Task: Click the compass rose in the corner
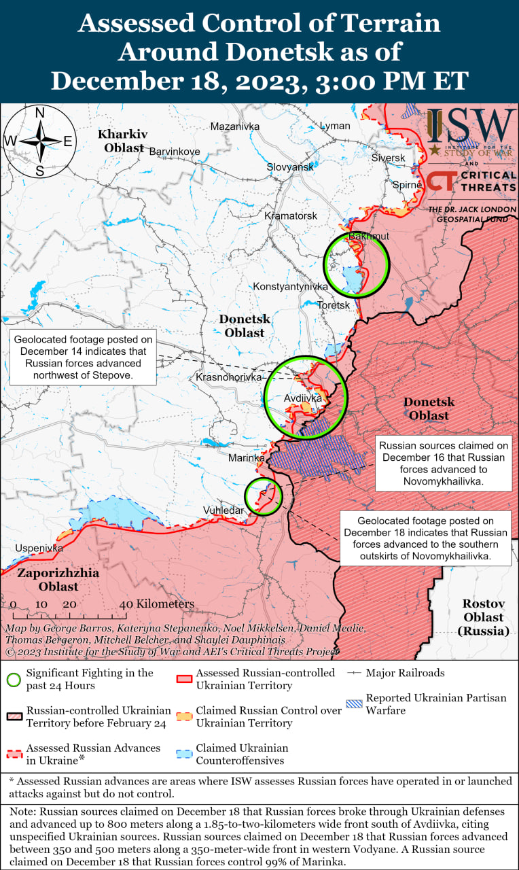(40, 141)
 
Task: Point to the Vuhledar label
(223, 510)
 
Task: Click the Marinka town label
(246, 458)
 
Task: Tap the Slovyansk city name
(290, 167)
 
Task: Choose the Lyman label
(335, 126)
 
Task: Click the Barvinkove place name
(175, 152)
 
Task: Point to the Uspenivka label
(39, 548)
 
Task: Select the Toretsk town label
(334, 305)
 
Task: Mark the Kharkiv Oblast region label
(123, 141)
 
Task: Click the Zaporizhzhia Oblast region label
(58, 579)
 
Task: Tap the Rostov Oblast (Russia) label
(483, 617)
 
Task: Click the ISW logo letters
(471, 124)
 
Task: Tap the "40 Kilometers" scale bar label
(157, 604)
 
